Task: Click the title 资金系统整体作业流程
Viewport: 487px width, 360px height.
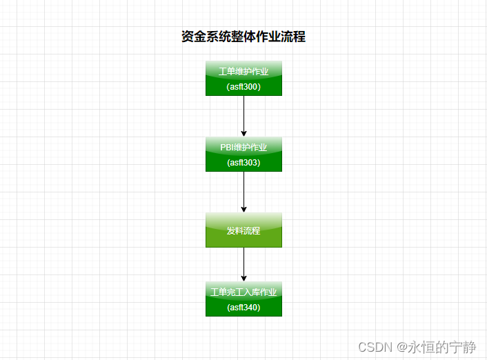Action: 243,37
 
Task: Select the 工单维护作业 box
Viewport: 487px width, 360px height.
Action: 243,78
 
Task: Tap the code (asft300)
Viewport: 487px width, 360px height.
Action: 243,87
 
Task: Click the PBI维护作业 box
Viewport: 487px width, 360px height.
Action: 243,154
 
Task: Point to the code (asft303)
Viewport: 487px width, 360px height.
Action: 243,163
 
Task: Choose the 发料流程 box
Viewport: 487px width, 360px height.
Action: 243,230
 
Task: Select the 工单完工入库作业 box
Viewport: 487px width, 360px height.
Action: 243,299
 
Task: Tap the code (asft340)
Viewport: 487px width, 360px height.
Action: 243,308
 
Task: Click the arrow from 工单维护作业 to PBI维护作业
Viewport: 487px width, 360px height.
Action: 243,114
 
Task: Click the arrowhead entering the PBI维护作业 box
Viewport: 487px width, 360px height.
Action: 243,134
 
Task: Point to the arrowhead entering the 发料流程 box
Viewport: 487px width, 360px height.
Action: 243,209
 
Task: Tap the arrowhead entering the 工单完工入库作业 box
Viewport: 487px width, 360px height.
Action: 243,278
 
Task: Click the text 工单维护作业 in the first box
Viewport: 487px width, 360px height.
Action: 243,71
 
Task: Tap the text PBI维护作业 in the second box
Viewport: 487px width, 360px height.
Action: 243,147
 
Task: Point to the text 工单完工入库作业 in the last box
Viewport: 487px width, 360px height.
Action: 243,292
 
